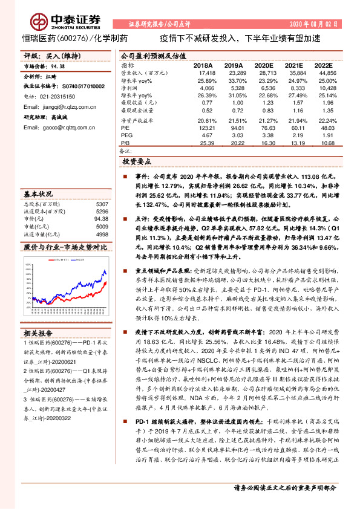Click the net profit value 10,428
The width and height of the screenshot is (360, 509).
coord(326,88)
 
